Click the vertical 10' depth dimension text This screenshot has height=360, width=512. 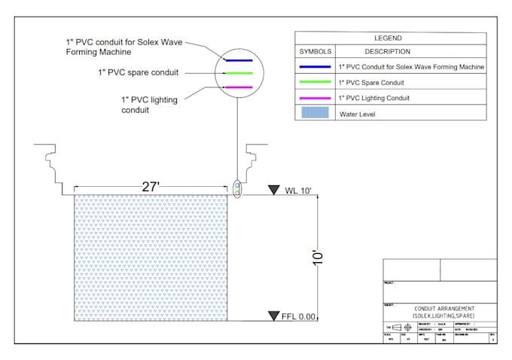pyautogui.click(x=319, y=258)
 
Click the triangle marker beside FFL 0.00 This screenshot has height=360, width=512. pyautogui.click(x=274, y=316)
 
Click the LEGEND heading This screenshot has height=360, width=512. pyautogui.click(x=389, y=38)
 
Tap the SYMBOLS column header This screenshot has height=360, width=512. pyautogui.click(x=315, y=52)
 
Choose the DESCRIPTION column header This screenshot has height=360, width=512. pyautogui.click(x=387, y=52)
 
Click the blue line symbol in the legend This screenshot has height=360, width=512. pyautogui.click(x=315, y=67)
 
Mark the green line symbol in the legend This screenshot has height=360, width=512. pyautogui.click(x=315, y=82)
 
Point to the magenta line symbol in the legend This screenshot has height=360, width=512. pyautogui.click(x=315, y=99)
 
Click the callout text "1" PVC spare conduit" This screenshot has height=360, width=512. pyautogui.click(x=138, y=72)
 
